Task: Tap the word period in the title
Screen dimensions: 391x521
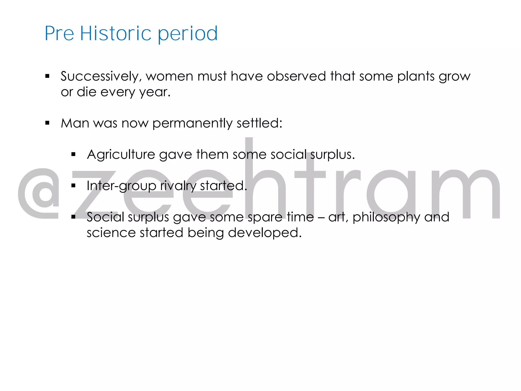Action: point(188,34)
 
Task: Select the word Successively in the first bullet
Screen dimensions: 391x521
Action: point(100,76)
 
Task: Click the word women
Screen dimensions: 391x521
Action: point(169,76)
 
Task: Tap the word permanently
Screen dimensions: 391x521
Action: point(193,123)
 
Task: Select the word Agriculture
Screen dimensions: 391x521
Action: point(121,155)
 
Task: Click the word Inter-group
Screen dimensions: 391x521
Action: point(121,186)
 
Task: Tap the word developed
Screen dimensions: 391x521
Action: point(265,233)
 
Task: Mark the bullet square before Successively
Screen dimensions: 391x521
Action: point(47,76)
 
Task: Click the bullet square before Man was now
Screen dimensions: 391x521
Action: point(47,123)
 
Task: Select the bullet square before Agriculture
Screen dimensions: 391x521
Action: point(74,154)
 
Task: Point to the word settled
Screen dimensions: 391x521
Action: point(259,123)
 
